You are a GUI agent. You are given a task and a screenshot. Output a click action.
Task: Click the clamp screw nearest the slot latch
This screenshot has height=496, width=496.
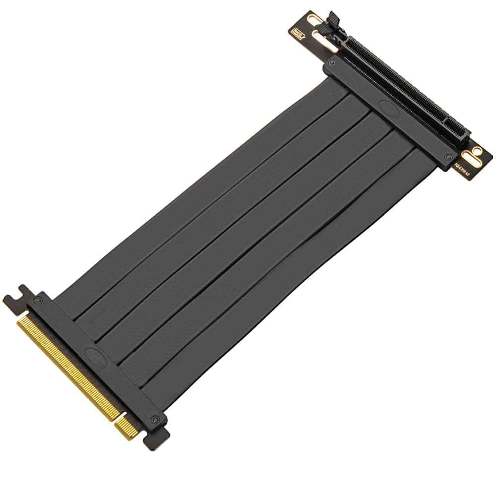(332, 63)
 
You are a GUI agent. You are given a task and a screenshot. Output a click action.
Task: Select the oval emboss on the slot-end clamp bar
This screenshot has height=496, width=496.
(388, 106)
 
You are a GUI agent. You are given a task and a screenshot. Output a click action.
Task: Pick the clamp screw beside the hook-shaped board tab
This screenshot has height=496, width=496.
(38, 300)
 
